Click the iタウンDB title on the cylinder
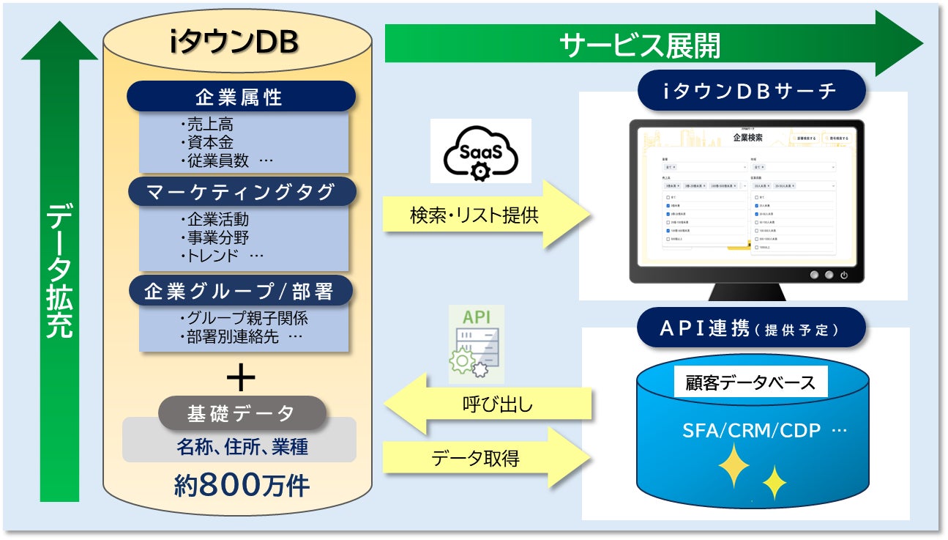(234, 43)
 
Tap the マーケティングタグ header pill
(241, 192)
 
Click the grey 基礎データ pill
(241, 413)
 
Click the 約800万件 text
(242, 485)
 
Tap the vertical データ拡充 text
(59, 271)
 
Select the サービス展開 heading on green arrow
(640, 45)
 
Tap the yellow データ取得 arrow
(487, 459)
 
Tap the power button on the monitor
(844, 275)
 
